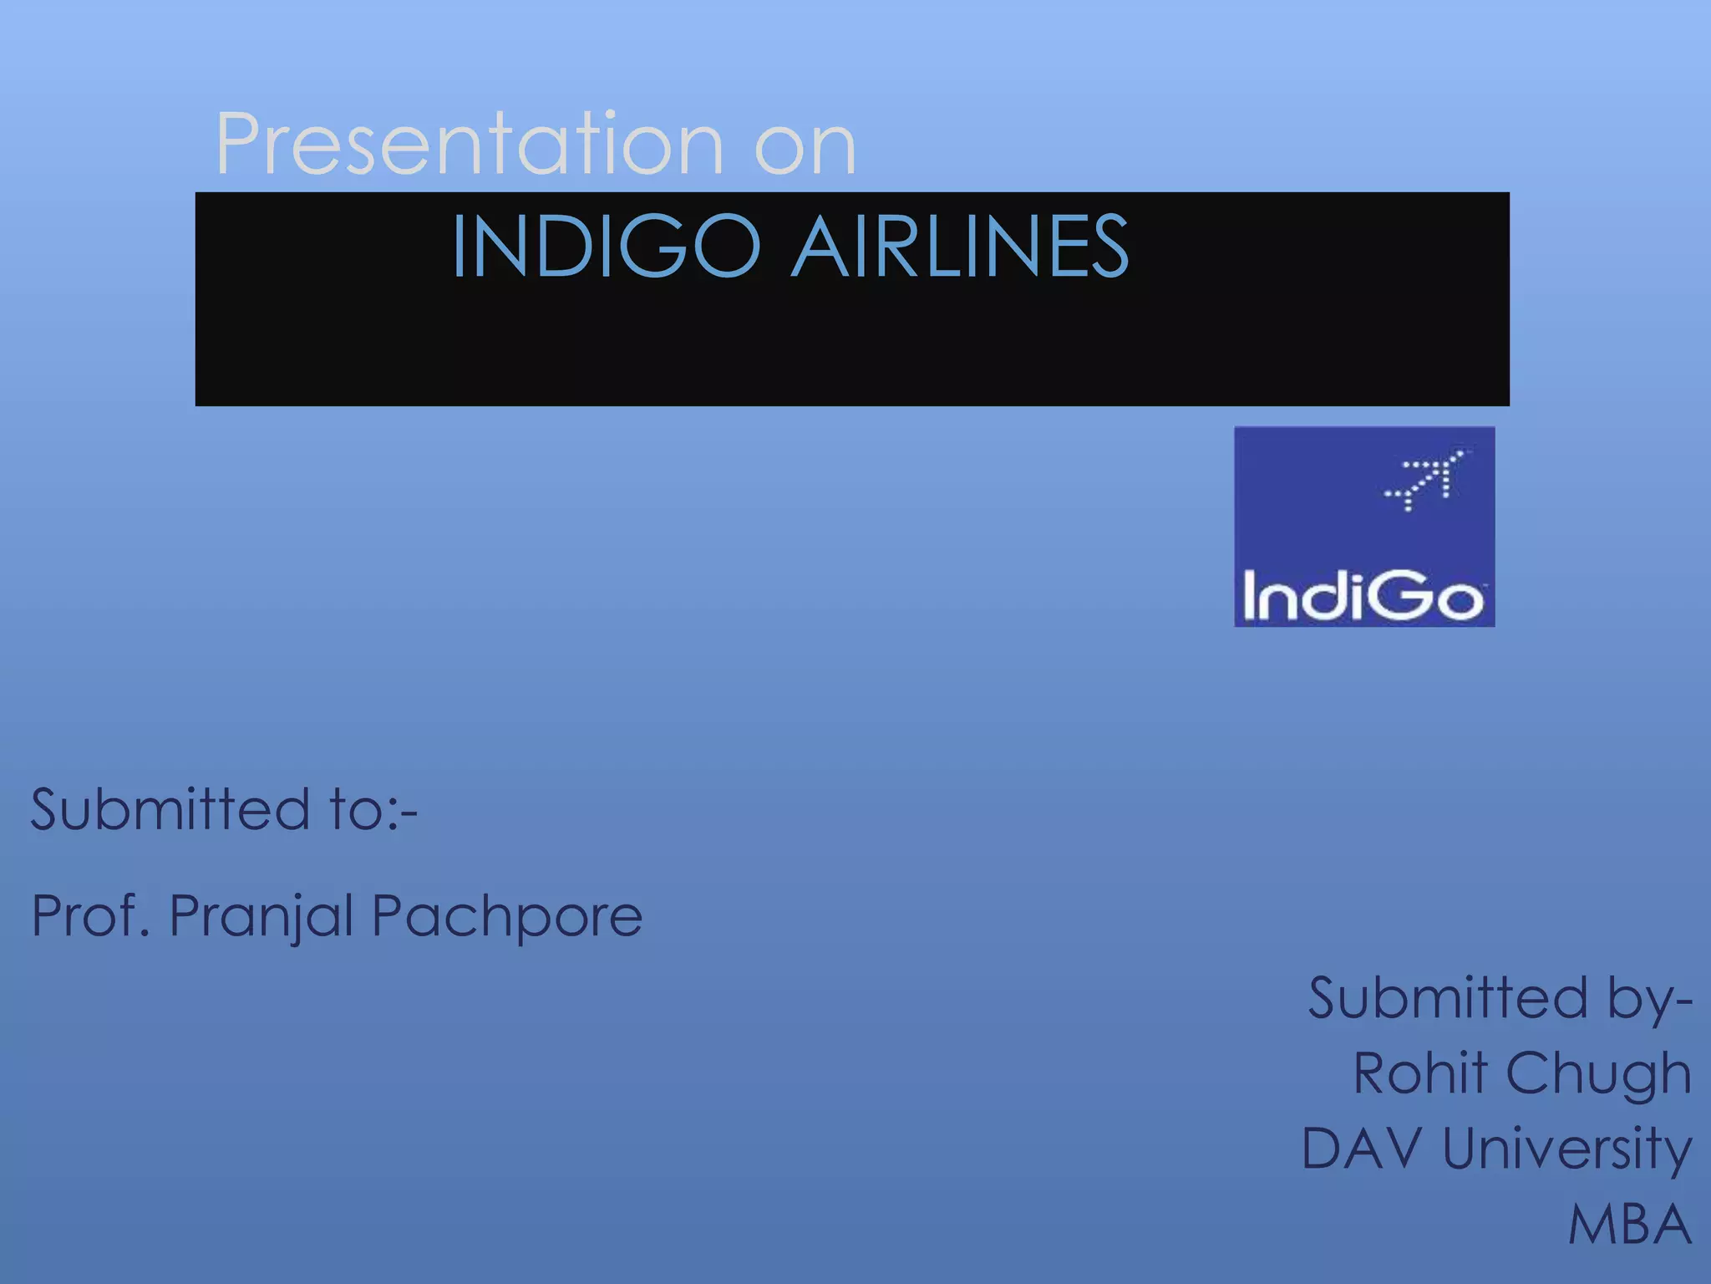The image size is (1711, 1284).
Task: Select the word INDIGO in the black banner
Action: tap(607, 246)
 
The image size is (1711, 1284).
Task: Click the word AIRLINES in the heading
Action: tap(960, 246)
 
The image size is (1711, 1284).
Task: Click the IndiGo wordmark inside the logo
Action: tap(1363, 596)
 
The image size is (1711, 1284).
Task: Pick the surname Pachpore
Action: tap(507, 918)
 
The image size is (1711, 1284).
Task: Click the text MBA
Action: tap(1630, 1225)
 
